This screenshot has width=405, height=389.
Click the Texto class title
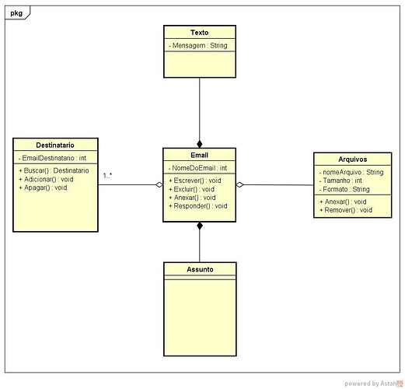click(x=200, y=33)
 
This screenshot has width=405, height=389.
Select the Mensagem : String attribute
click(x=198, y=46)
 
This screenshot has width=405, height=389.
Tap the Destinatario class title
click(x=55, y=145)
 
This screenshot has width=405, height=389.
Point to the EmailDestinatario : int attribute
click(x=52, y=158)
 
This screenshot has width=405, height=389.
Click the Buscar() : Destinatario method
click(x=54, y=170)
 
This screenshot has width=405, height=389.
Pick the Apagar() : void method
click(x=43, y=187)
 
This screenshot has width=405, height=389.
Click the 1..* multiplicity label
click(x=107, y=176)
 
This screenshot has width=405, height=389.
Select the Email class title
click(x=199, y=155)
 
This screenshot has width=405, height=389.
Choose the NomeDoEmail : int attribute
click(x=198, y=168)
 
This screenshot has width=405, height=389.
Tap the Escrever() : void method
click(x=195, y=180)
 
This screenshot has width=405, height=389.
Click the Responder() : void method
click(x=198, y=206)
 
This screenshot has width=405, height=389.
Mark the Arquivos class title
click(x=353, y=159)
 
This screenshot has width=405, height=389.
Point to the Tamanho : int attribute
click(x=340, y=180)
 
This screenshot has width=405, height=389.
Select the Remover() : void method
click(x=346, y=210)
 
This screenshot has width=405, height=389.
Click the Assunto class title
click(x=200, y=269)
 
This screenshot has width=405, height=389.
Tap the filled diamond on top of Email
click(x=200, y=144)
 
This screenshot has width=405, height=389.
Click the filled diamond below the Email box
click(x=200, y=226)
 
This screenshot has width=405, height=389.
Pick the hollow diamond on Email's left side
click(x=159, y=184)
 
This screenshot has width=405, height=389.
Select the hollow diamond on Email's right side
click(x=240, y=184)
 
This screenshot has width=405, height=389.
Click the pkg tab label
click(x=16, y=13)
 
